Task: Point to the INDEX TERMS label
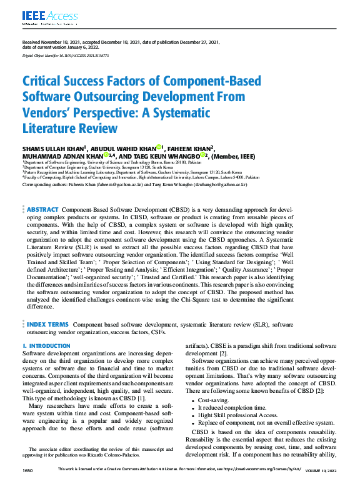pyautogui.click(x=47, y=325)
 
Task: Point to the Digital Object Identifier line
pyautogui.click(x=61, y=56)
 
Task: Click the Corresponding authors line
pyautogui.click(x=134, y=185)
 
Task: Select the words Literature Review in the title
pyautogui.click(x=70, y=129)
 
